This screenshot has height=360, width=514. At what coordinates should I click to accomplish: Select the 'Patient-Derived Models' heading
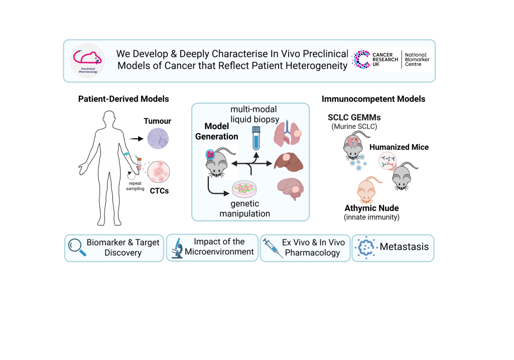(123, 99)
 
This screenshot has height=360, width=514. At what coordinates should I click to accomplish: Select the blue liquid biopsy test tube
(255, 138)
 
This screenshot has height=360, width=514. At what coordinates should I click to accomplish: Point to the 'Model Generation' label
(221, 132)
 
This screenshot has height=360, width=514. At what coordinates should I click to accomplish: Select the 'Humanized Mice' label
(399, 147)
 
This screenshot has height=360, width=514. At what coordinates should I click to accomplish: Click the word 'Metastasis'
(404, 247)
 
